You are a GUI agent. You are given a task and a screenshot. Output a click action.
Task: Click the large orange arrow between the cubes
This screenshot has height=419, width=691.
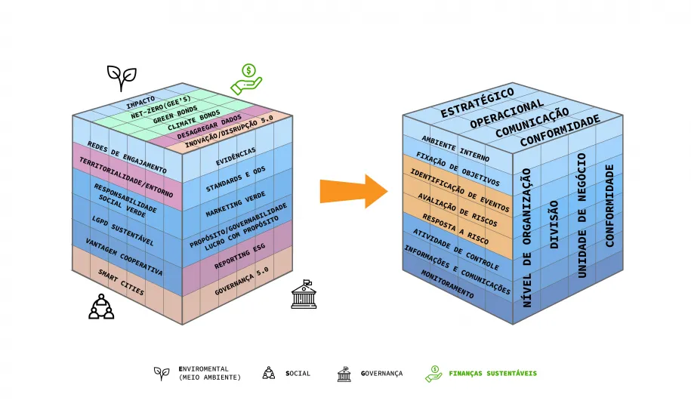point(353,191)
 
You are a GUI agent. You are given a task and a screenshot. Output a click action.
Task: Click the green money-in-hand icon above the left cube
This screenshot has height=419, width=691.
point(245,77)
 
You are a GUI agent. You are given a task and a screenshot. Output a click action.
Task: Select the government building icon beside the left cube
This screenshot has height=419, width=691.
point(304,295)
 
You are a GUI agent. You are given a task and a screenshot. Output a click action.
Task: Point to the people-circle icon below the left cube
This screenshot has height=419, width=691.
point(100,305)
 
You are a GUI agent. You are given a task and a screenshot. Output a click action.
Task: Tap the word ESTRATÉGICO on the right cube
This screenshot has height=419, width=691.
point(477,103)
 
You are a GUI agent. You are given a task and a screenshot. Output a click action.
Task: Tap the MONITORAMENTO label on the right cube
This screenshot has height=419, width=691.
point(446,285)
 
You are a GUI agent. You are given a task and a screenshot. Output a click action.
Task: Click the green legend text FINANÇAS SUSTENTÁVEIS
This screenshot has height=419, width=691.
point(492,373)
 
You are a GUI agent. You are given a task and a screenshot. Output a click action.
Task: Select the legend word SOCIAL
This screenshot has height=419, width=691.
point(298,373)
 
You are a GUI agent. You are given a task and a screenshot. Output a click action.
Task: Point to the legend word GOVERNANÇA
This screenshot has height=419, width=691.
point(381,373)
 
